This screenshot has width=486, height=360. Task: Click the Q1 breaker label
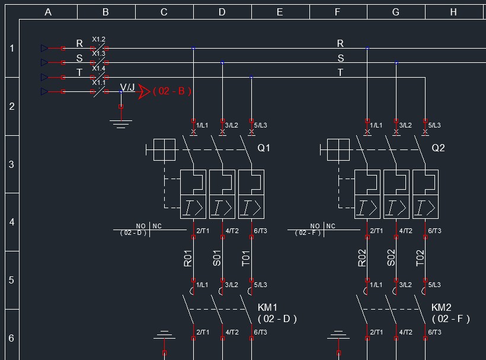click(263, 148)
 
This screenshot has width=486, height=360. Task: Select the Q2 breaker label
click(438, 148)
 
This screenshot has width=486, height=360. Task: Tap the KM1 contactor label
click(267, 307)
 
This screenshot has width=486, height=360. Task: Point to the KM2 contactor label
click(441, 307)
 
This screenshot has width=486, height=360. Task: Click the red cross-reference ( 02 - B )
click(172, 91)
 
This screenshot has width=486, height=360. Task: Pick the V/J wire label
click(127, 88)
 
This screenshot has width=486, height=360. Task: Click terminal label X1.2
click(98, 40)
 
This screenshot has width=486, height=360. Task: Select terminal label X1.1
click(98, 83)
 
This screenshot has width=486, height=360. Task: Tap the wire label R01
click(188, 258)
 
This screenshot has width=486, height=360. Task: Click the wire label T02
click(420, 258)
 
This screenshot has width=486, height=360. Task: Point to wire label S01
click(217, 258)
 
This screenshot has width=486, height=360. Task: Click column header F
click(338, 12)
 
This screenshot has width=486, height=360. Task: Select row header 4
click(11, 222)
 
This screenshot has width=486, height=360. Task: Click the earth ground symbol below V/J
click(121, 123)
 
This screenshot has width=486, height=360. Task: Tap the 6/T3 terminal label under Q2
click(434, 231)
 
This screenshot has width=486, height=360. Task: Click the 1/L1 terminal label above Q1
click(202, 125)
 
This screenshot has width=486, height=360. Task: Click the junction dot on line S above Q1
click(222, 62)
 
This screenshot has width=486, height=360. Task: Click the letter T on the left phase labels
click(79, 73)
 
